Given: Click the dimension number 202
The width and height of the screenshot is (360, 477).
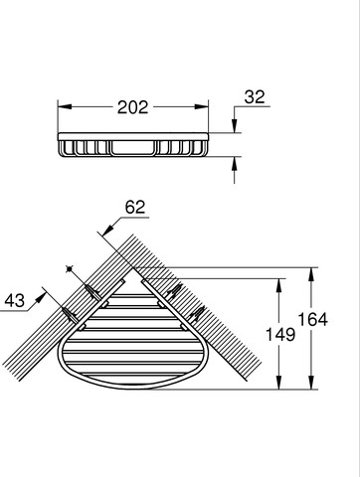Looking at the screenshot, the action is pyautogui.click(x=132, y=107).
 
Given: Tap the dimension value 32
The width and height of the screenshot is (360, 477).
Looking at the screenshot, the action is pyautogui.click(x=255, y=97).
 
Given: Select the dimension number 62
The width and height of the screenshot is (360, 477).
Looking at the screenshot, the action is pyautogui.click(x=135, y=208).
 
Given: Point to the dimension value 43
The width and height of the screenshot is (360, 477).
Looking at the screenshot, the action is pyautogui.click(x=15, y=301).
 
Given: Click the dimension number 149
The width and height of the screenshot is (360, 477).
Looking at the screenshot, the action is pyautogui.click(x=280, y=335).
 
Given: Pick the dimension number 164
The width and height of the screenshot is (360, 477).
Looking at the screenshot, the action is pyautogui.click(x=312, y=320).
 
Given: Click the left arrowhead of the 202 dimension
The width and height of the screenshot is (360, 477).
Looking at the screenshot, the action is pyautogui.click(x=65, y=107).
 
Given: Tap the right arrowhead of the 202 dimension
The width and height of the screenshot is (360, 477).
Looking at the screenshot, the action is pyautogui.click(x=202, y=107).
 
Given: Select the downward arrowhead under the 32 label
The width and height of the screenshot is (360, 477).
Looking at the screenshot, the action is pyautogui.click(x=235, y=126).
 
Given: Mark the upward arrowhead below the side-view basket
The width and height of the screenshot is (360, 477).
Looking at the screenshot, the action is pyautogui.click(x=235, y=164).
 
